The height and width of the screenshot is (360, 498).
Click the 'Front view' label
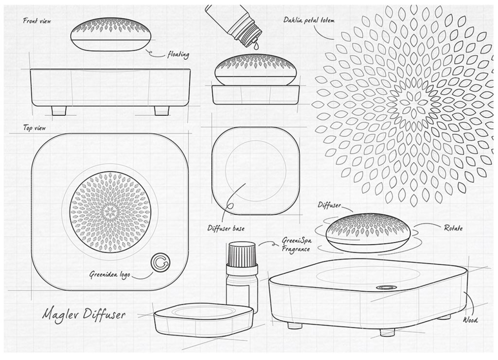37,21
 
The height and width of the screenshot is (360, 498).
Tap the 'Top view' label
35,128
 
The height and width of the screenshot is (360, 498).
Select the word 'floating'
178,55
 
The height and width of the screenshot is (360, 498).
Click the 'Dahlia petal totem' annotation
309,20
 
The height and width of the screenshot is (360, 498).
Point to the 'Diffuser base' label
226,228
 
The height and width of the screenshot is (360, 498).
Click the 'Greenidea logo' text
109,274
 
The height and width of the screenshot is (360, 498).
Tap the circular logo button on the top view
160,262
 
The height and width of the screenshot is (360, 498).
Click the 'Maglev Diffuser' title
84,314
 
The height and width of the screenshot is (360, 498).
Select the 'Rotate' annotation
453,228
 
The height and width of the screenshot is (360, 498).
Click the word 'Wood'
470,320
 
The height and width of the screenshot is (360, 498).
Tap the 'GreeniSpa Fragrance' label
296,245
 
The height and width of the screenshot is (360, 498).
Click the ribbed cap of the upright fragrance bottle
242,254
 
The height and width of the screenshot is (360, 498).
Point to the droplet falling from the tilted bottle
256,46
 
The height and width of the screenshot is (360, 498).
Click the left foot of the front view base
59,110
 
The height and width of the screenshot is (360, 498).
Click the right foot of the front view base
161,110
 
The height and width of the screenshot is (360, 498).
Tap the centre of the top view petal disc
110,212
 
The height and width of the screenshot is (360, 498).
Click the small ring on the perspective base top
386,288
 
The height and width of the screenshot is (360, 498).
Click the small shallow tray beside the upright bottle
204,319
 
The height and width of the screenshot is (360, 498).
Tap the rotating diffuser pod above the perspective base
368,233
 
